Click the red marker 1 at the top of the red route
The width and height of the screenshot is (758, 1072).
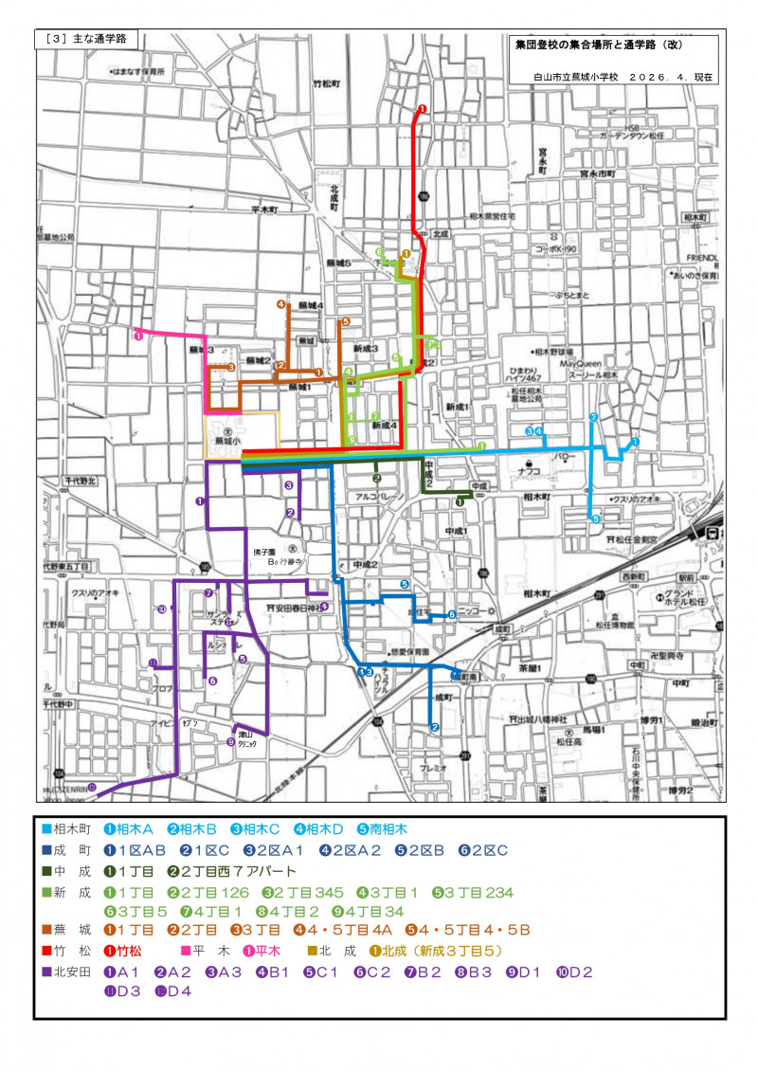(x=422, y=109)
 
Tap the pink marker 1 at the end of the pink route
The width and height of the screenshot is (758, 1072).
(x=138, y=335)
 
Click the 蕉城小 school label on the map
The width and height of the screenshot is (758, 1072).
(x=228, y=442)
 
